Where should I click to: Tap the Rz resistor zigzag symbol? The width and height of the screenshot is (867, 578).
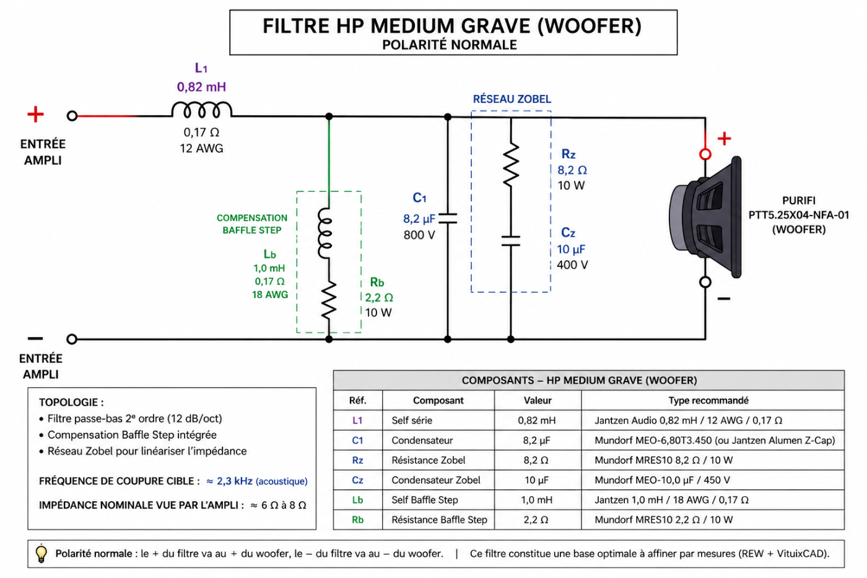point(511,164)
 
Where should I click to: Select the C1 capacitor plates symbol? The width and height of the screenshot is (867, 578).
point(448,218)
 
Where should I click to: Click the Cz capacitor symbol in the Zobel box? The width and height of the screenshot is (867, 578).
point(511,241)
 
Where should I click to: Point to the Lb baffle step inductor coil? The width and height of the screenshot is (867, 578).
point(325,233)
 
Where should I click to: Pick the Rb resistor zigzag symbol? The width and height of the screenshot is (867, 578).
point(329,300)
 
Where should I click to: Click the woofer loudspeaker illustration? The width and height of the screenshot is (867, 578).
point(705,217)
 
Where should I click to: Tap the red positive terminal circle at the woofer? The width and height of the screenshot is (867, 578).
point(705,154)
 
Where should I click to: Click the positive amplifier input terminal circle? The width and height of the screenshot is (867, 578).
point(72,116)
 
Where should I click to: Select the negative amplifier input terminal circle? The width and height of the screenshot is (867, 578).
point(72,339)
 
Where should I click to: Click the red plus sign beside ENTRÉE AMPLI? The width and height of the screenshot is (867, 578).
point(36,114)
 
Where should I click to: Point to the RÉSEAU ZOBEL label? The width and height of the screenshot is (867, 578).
point(512,99)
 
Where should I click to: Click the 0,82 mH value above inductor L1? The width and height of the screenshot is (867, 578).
point(201,87)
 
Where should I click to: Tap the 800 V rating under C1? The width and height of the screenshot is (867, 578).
point(419,235)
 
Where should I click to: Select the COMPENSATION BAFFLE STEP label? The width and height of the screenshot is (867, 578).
point(252,224)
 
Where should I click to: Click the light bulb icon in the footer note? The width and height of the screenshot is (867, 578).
point(41,554)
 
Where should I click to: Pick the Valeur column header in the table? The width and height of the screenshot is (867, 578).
point(538,400)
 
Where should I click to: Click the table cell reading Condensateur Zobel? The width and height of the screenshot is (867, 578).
point(436,480)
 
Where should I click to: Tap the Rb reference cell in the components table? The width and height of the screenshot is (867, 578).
point(357,520)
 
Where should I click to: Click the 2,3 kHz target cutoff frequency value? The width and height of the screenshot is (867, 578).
point(235,481)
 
